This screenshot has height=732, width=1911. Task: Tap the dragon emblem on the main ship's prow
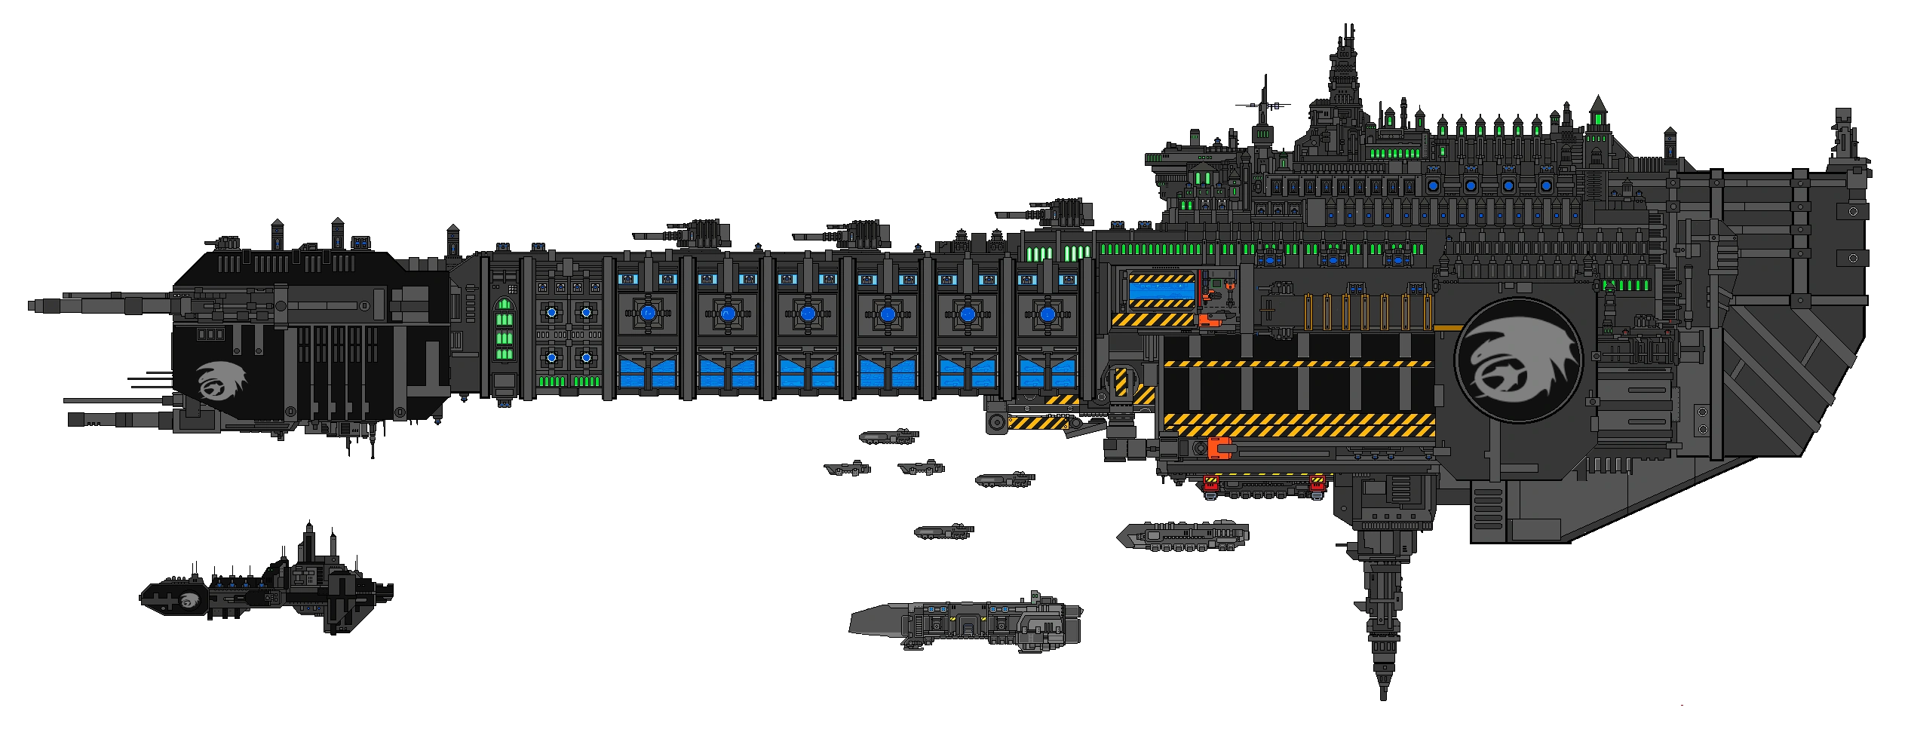pos(222,380)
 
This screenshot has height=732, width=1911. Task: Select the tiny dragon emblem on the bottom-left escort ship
pos(189,599)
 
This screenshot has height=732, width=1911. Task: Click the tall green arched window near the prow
pos(503,329)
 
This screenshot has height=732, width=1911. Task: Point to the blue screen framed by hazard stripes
pos(1161,290)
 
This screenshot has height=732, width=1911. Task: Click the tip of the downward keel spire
pos(1382,701)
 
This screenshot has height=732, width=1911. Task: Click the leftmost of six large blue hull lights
pos(646,313)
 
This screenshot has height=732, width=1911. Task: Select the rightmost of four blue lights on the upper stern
pos(1546,185)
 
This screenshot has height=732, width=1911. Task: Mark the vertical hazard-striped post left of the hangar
pos(1121,382)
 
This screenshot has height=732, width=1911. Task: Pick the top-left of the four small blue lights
pos(551,312)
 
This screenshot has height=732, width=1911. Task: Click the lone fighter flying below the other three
pos(943,531)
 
